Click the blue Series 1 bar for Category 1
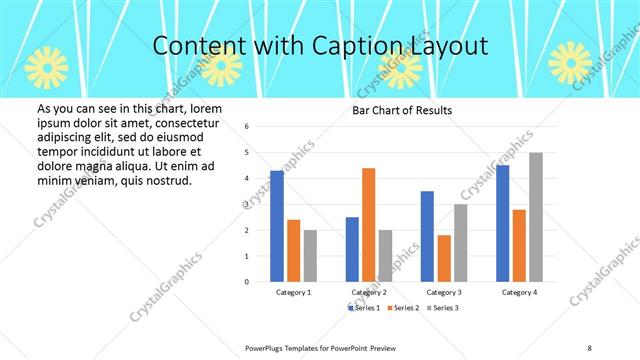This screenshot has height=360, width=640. pyautogui.click(x=276, y=226)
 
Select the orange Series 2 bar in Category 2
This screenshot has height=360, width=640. pyautogui.click(x=368, y=225)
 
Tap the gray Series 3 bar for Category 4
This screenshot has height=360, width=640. pyautogui.click(x=535, y=217)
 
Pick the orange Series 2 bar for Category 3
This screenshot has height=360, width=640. pyautogui.click(x=443, y=258)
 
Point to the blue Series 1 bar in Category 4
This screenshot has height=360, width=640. pyautogui.click(x=502, y=223)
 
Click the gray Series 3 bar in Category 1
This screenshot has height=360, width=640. pyautogui.click(x=310, y=255)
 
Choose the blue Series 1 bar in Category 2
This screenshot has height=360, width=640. pyautogui.click(x=352, y=249)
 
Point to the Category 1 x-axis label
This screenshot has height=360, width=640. pyautogui.click(x=293, y=292)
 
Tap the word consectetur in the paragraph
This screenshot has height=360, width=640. pyautogui.click(x=178, y=120)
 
